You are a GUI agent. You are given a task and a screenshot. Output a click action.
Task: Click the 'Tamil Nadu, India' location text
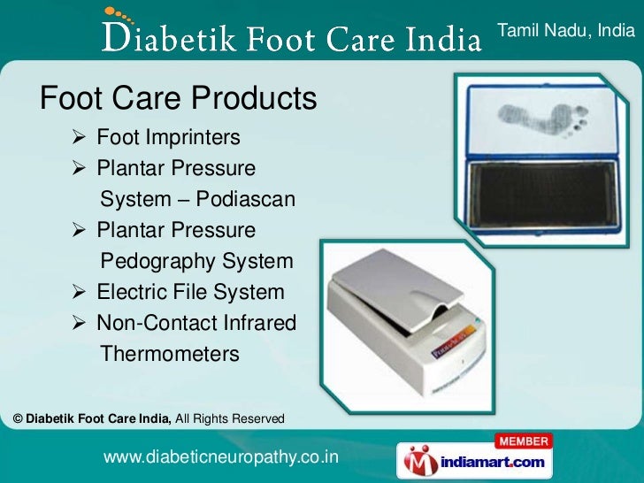point(566,32)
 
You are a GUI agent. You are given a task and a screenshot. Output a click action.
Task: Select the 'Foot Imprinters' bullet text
point(168,138)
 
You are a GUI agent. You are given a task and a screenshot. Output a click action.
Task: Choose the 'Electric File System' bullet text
point(190,292)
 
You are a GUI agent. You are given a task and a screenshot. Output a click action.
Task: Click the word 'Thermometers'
point(170,355)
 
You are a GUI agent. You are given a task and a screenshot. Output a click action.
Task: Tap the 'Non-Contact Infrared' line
point(195,324)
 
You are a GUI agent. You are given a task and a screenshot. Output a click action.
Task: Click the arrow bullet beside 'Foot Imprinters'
point(79,139)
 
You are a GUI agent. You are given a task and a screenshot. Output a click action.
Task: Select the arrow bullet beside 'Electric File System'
point(79,293)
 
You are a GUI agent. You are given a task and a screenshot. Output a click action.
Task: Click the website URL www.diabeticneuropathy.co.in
point(221,456)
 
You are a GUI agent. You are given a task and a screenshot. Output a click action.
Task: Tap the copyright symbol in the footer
point(19,418)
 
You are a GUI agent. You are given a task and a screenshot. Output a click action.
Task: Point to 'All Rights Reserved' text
point(230,418)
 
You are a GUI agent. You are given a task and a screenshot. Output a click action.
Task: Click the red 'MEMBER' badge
point(523,441)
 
